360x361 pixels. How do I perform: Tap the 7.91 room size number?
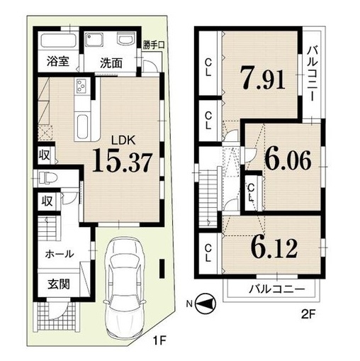coord(262,77)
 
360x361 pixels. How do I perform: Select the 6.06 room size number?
coord(288,160)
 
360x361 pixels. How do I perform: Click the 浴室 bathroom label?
coord(58,61)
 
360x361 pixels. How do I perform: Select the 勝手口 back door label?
coord(154,45)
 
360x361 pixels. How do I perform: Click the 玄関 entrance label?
coord(59,284)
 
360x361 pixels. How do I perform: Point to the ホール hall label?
coord(60,255)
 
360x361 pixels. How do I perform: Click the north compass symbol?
coord(206,304)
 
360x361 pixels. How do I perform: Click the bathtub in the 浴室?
coord(59,40)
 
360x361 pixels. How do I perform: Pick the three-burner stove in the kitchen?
coord(81,86)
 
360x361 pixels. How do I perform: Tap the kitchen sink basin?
coord(84,127)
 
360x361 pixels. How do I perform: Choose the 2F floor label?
coord(309,314)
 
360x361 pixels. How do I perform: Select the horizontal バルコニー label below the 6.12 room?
coord(277,289)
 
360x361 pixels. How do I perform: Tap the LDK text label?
coord(123,141)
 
